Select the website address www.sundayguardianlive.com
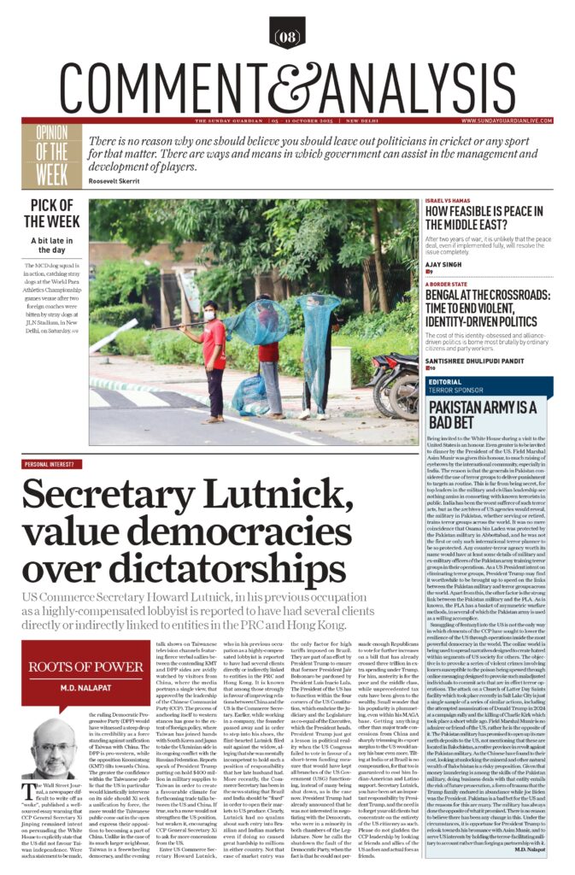(501, 120)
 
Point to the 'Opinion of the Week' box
(55, 156)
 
